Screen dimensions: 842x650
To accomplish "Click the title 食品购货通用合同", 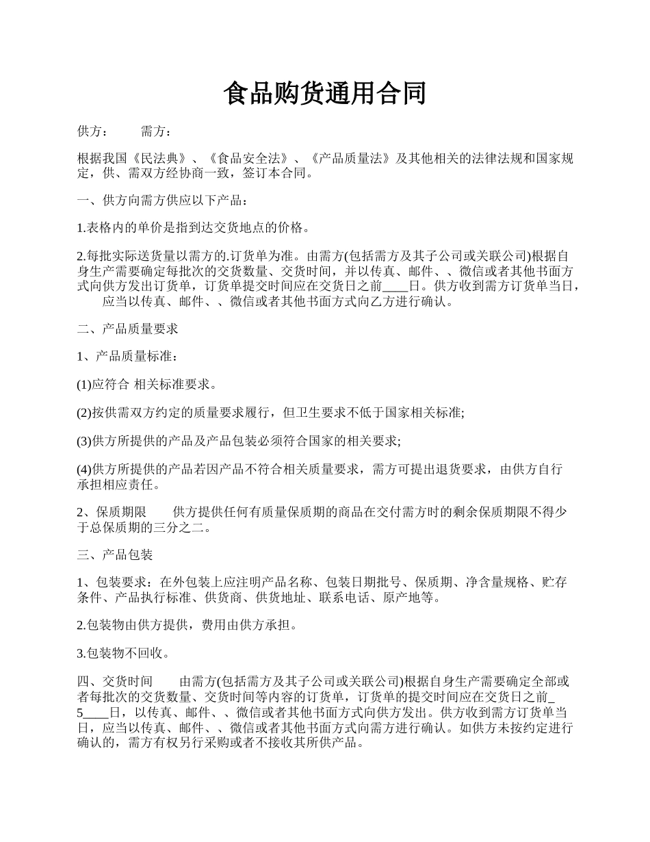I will (325, 94).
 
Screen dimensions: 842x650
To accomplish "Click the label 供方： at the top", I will (92, 131).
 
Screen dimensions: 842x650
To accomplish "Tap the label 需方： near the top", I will (155, 131).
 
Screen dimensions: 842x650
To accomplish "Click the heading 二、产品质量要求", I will (128, 329).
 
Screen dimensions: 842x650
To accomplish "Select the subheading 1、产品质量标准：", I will (128, 357).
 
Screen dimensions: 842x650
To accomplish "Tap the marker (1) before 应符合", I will (83, 385).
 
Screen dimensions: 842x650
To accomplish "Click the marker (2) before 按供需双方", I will (83, 413).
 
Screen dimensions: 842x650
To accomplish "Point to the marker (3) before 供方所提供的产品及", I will (83, 441).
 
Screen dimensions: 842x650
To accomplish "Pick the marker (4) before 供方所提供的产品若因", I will (83, 469).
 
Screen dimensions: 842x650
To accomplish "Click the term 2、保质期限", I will (112, 512).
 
